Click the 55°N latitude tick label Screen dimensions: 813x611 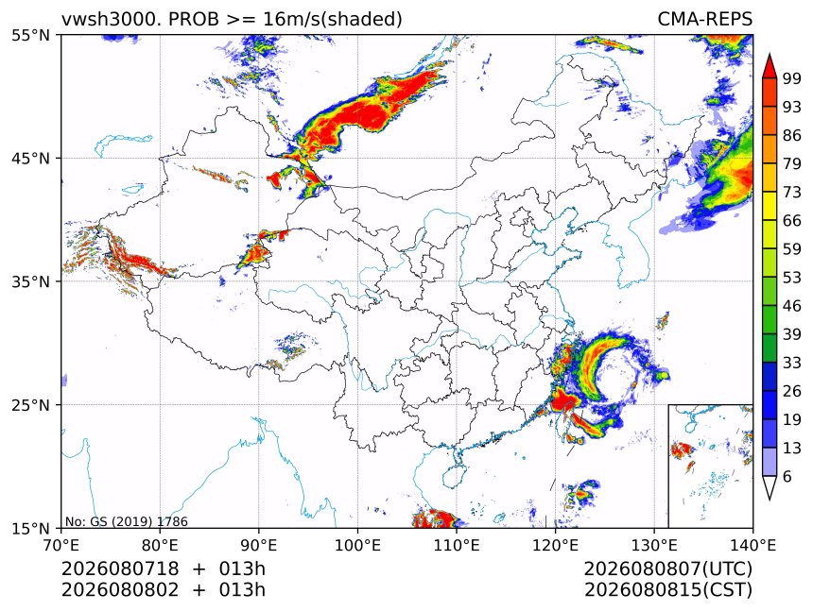coord(31,35)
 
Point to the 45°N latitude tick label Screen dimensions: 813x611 coord(31,159)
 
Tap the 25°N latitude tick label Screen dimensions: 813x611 coord(31,405)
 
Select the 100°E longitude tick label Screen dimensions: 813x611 coord(357,545)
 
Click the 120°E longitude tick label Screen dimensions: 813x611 coord(555,545)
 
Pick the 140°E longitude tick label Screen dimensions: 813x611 coord(752,545)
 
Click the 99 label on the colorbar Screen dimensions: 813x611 coord(792,78)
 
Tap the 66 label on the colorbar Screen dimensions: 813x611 coord(792,221)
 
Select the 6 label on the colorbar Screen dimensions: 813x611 coord(787,476)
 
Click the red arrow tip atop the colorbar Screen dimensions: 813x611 coord(770,54)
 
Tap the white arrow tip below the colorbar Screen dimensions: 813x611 coord(770,500)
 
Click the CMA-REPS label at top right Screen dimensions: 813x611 coord(704,20)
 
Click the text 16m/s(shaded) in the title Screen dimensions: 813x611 coord(333,20)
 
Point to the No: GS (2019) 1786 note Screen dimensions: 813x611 coord(127,521)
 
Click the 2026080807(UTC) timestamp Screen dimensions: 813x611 coord(667,569)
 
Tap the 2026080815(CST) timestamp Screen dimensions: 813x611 coord(667,590)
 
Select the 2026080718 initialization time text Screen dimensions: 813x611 coord(120,569)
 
